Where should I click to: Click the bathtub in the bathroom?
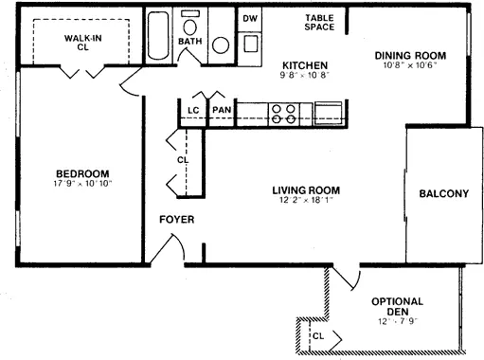point(158,35)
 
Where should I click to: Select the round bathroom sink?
point(221,45)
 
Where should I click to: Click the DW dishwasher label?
point(250,19)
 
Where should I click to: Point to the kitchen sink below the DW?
point(251,44)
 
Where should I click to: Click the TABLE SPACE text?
point(319,23)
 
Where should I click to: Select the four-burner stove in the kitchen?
point(283,115)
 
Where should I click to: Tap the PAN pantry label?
point(222,110)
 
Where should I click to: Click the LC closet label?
point(193,110)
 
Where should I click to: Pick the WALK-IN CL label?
point(83,43)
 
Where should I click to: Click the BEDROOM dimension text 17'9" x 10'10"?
point(83,184)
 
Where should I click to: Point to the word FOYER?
point(177,220)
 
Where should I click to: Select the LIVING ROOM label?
point(306,190)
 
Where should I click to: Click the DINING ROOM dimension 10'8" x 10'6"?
point(410,65)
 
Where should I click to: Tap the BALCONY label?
point(444,193)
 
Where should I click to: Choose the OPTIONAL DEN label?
point(398,306)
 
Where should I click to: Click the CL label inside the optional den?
point(318,336)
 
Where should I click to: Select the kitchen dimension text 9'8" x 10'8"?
point(305,76)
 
